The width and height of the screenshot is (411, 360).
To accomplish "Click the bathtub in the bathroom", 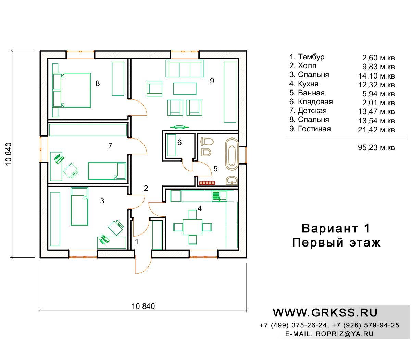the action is (x=232, y=154).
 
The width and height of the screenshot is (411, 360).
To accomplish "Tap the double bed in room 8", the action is (x=75, y=90).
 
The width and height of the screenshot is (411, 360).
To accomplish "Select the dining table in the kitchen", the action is (x=192, y=227).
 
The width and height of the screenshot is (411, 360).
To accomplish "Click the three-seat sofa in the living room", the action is (x=185, y=69).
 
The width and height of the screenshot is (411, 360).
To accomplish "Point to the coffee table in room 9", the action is (x=185, y=88).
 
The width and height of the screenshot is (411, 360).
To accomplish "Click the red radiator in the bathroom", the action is (x=207, y=183).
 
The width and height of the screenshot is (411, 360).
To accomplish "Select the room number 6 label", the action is (x=179, y=142).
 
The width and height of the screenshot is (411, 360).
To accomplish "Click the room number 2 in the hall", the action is (x=146, y=188).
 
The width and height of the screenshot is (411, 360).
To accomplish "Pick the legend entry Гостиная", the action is (x=310, y=129).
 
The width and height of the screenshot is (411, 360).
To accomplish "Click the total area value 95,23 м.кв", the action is (x=376, y=148).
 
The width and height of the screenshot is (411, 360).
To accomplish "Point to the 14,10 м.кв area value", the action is (x=376, y=76).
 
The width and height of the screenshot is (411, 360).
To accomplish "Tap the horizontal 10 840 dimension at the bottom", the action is (x=143, y=306).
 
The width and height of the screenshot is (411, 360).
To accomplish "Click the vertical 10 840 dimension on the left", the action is (x=9, y=154).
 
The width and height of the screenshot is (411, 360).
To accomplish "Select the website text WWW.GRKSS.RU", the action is (x=325, y=313).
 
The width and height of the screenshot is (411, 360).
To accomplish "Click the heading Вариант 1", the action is (x=336, y=228).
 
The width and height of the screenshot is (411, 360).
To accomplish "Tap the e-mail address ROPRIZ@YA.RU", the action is (x=345, y=334).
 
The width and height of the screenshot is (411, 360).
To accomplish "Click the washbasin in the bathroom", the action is (x=232, y=180).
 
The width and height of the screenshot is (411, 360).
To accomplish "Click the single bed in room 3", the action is (x=79, y=206).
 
